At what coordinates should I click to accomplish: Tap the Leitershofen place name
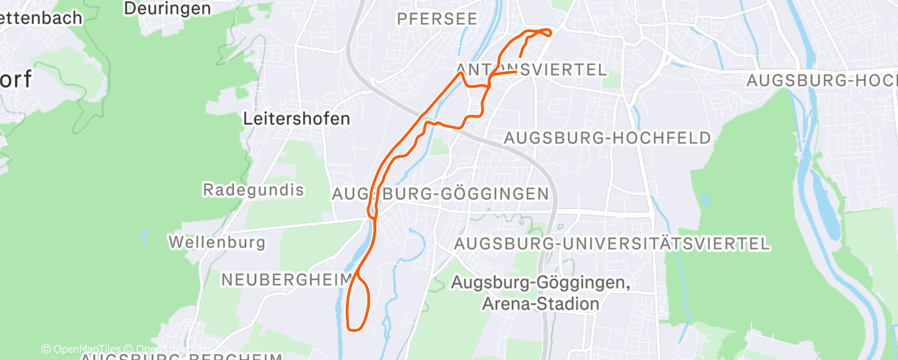click(296, 118)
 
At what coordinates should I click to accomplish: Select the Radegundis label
click(253, 190)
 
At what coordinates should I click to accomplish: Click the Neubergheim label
click(286, 280)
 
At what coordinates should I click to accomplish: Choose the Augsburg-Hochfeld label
click(607, 138)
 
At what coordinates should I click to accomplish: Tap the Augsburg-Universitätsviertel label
click(612, 244)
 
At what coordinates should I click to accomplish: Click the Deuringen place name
click(167, 8)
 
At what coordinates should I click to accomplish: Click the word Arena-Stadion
click(539, 304)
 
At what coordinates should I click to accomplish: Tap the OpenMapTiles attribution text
click(86, 349)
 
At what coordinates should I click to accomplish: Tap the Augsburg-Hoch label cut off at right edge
click(820, 80)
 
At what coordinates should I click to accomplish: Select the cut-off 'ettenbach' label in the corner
click(40, 17)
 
